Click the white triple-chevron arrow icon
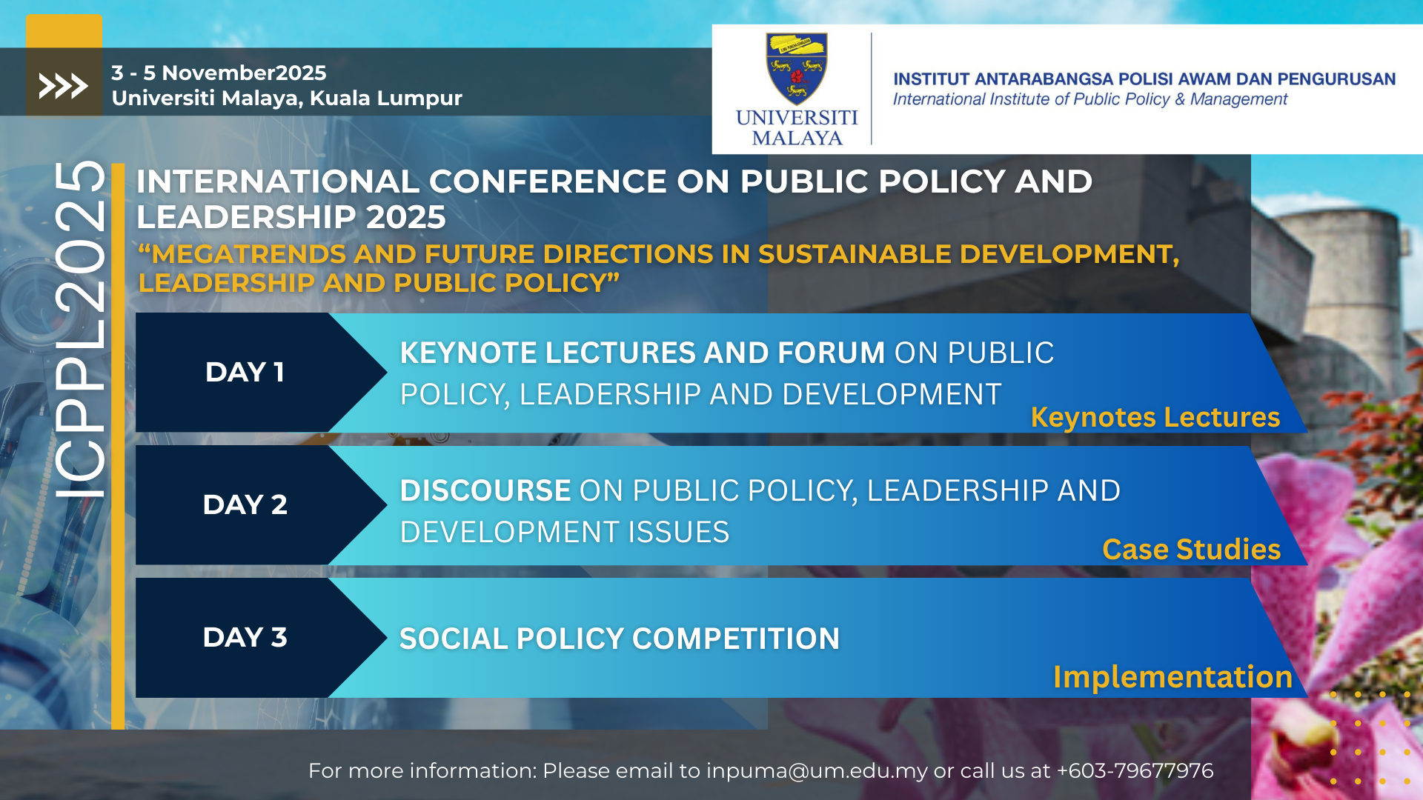pyautogui.click(x=63, y=86)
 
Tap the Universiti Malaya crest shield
pyautogui.click(x=797, y=69)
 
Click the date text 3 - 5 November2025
pyautogui.click(x=219, y=73)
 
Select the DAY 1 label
pyautogui.click(x=245, y=372)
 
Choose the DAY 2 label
pyautogui.click(x=245, y=504)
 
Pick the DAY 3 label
pyautogui.click(x=245, y=637)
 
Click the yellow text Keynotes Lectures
pyautogui.click(x=1155, y=417)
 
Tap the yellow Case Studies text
pyautogui.click(x=1191, y=549)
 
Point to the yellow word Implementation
pyautogui.click(x=1172, y=677)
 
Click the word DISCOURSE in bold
pyautogui.click(x=485, y=490)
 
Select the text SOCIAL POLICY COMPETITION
pyautogui.click(x=620, y=639)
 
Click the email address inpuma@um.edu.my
pyautogui.click(x=817, y=771)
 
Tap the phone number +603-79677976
pyautogui.click(x=1135, y=771)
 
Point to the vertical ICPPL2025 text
pyautogui.click(x=80, y=330)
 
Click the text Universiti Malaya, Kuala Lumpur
pyautogui.click(x=287, y=98)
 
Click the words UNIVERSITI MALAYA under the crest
pyautogui.click(x=797, y=127)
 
